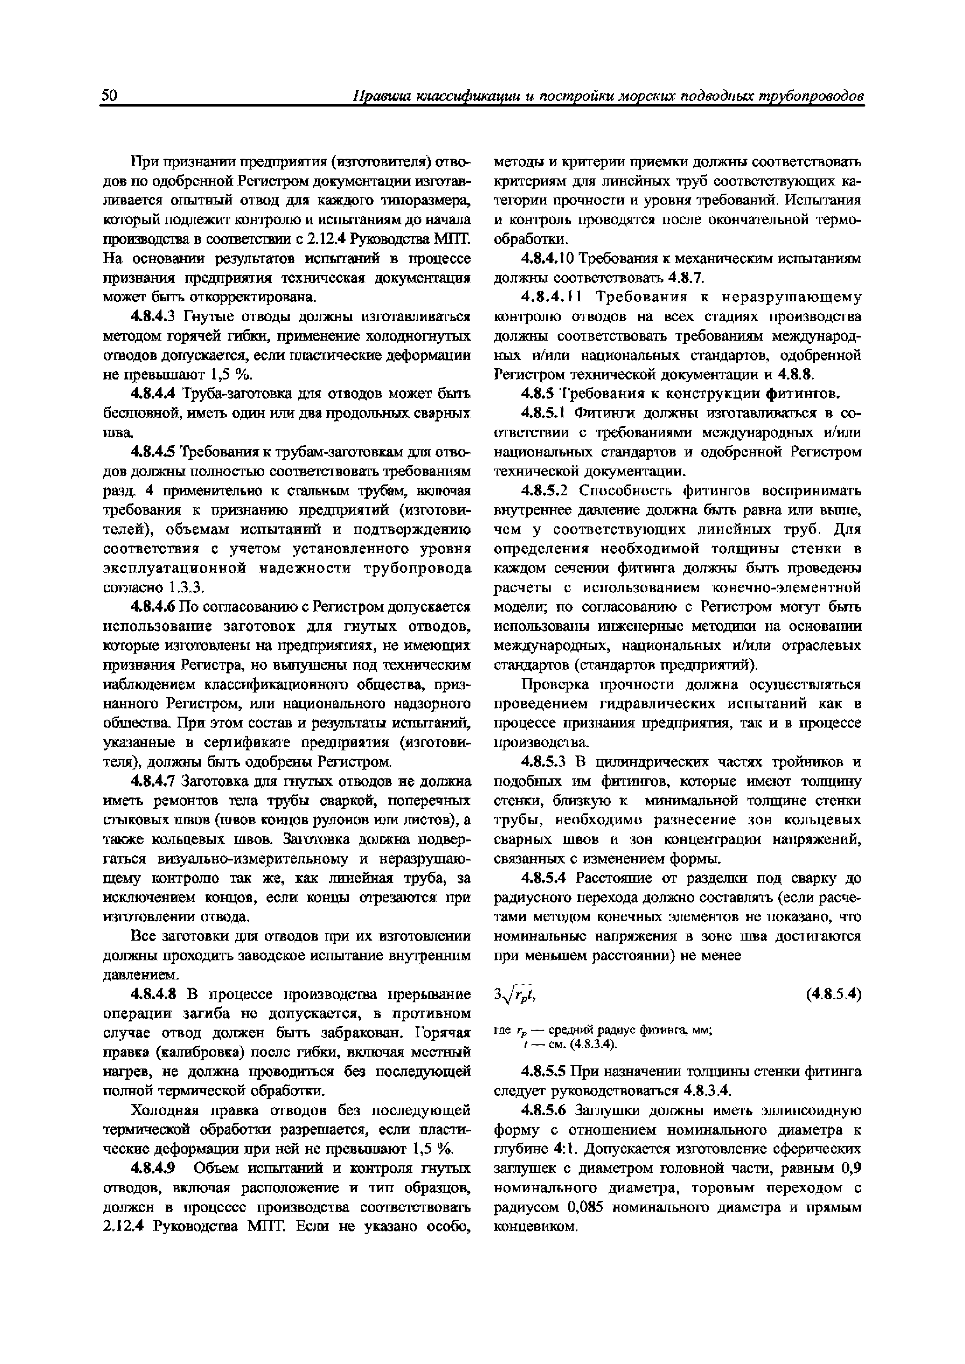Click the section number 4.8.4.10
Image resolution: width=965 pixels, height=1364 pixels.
548,259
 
